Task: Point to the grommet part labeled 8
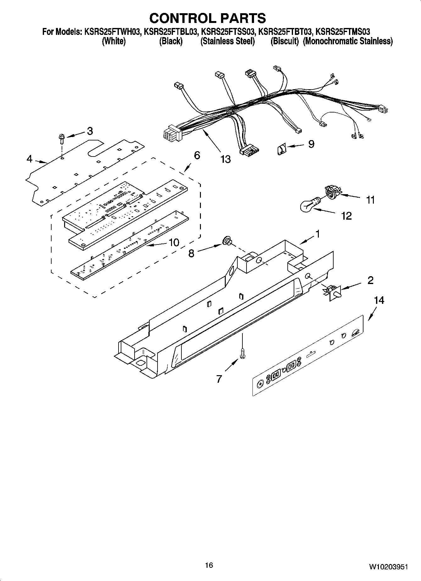[x=227, y=242]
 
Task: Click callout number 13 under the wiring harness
[x=225, y=159]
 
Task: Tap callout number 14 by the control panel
[x=379, y=300]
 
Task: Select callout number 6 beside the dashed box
[x=197, y=155]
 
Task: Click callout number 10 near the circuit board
[x=174, y=242]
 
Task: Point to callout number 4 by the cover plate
[x=29, y=159]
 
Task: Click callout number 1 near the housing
[x=318, y=234]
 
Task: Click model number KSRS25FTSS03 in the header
[x=228, y=31]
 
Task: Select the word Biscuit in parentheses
[x=285, y=41]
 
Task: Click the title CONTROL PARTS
[x=208, y=18]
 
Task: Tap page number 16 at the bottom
[x=209, y=565]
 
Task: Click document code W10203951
[x=389, y=567]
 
